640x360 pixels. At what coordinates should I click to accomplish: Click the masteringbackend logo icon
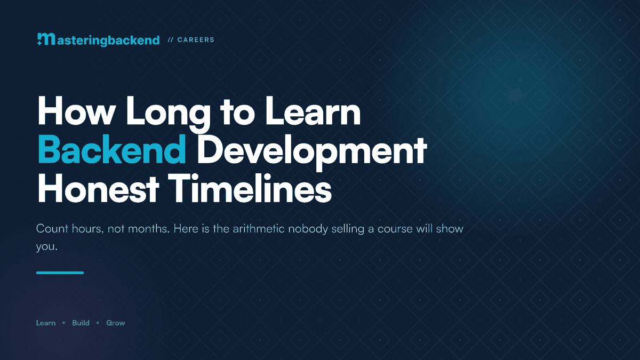(x=46, y=39)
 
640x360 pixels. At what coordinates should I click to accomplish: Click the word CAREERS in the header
(x=196, y=39)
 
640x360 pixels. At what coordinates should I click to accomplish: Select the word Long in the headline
(x=169, y=114)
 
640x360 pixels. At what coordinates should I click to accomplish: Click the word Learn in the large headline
(x=313, y=111)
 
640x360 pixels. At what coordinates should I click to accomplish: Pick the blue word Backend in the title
(x=111, y=149)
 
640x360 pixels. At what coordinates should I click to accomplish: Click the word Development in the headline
(x=312, y=153)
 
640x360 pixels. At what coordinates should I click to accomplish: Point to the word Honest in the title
(x=98, y=188)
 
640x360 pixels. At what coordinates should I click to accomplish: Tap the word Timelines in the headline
(x=250, y=188)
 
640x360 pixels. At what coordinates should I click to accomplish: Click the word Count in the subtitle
(x=52, y=229)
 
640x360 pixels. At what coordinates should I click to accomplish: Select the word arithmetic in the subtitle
(x=259, y=229)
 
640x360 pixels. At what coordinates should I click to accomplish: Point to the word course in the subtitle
(x=395, y=229)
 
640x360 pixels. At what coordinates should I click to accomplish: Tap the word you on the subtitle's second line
(x=46, y=247)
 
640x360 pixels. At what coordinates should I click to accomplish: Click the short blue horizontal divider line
(x=60, y=273)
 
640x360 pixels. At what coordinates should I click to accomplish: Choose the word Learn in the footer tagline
(x=46, y=323)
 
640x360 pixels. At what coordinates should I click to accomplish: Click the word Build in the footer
(x=81, y=323)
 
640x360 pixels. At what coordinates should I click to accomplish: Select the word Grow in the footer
(x=116, y=323)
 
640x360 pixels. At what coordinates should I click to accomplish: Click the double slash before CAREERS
(x=171, y=39)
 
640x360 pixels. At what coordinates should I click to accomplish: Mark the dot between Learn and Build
(x=63, y=323)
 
